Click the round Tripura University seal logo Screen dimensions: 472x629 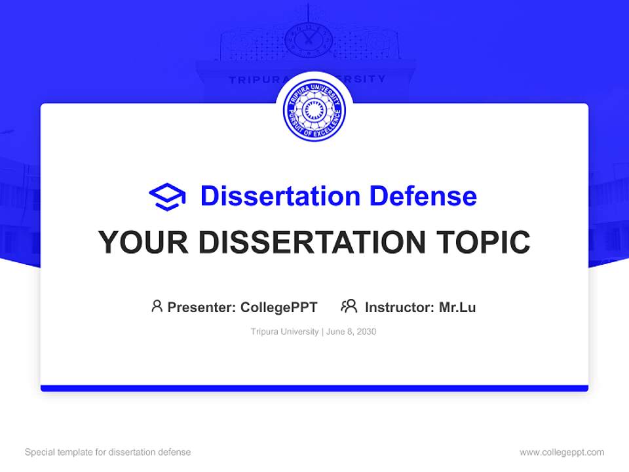click(314, 111)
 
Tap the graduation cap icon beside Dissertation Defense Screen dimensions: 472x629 click(167, 197)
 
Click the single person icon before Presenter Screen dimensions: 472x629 click(157, 306)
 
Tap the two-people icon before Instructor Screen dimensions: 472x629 click(349, 306)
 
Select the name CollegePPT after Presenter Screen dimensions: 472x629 click(279, 307)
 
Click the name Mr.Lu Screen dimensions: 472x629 click(457, 307)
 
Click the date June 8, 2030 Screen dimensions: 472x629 click(351, 332)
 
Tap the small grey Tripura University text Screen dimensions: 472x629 click(284, 332)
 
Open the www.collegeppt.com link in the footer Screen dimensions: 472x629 click(562, 452)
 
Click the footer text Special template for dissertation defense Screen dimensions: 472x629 click(108, 452)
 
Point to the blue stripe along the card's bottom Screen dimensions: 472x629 click(314, 388)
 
